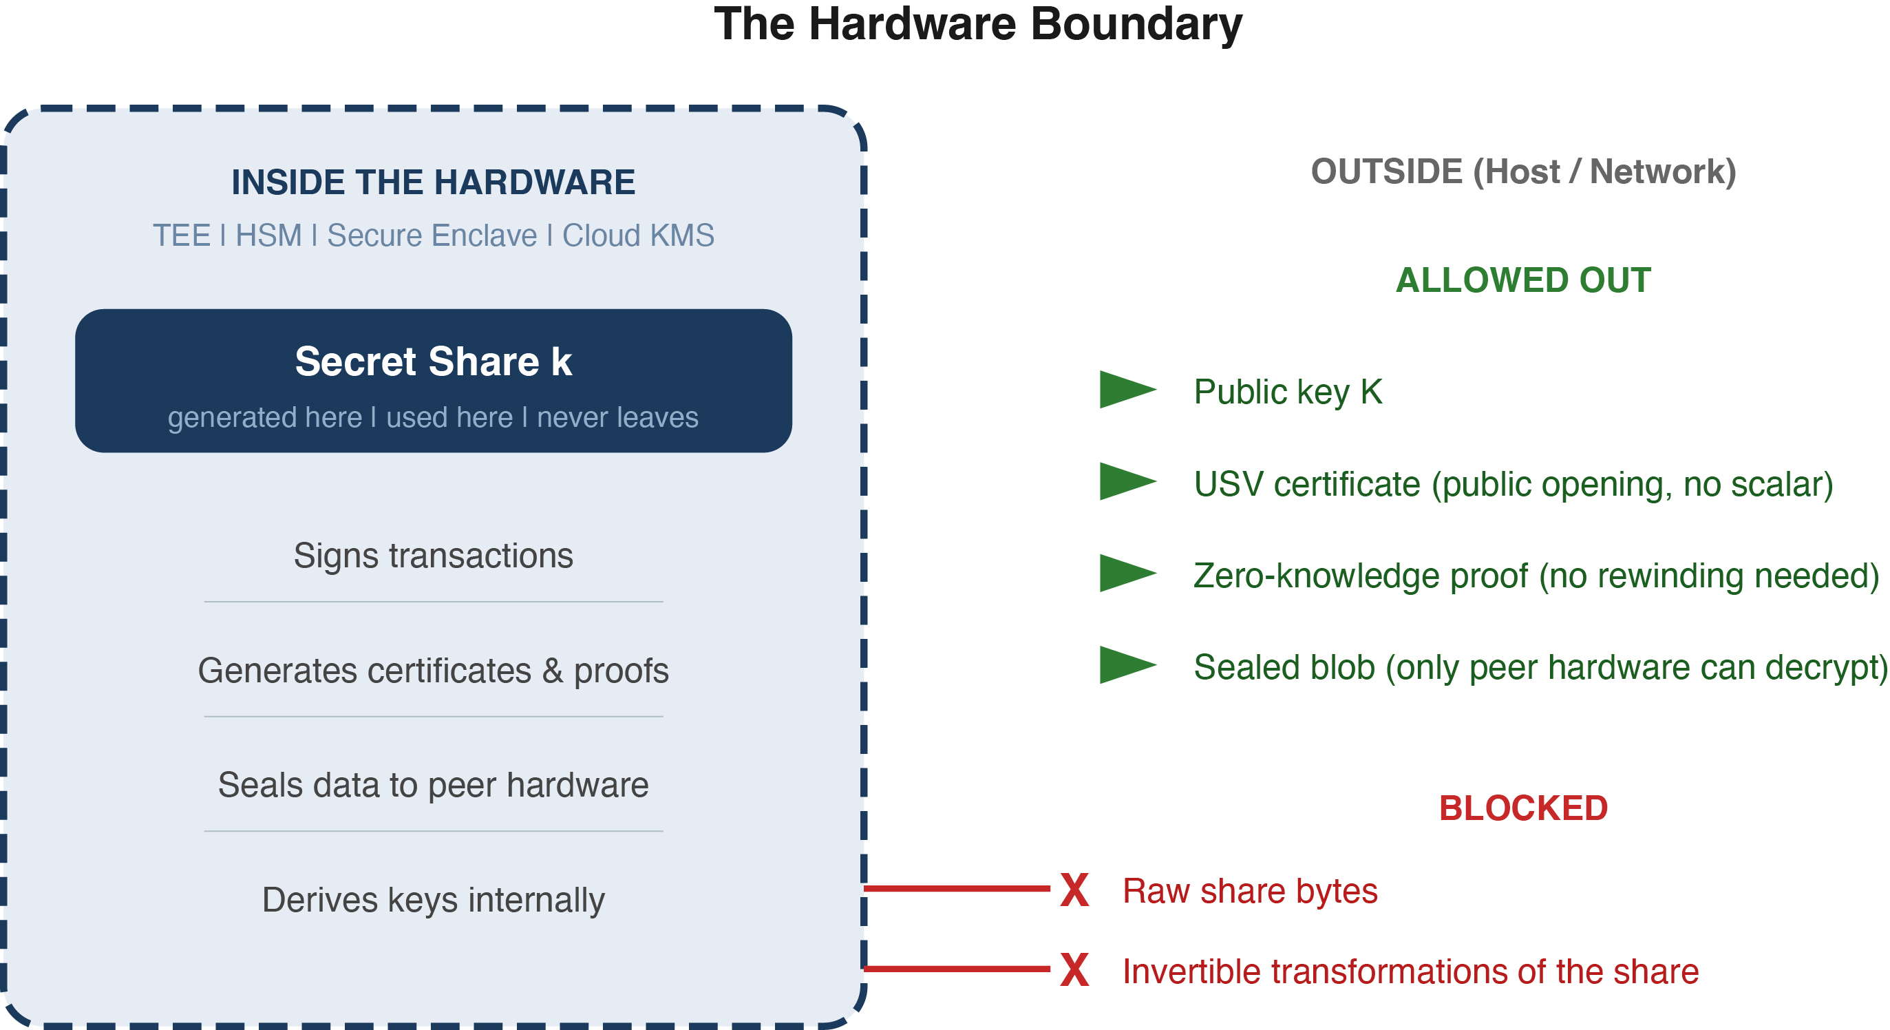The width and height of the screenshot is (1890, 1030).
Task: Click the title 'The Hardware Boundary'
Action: point(977,25)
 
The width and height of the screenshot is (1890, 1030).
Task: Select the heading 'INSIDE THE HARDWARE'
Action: point(433,182)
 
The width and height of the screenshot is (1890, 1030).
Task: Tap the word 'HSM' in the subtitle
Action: point(268,235)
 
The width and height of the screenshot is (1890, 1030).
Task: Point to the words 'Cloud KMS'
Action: point(637,235)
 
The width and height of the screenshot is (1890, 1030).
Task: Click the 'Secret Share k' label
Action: point(433,361)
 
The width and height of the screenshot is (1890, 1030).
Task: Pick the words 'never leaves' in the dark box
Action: point(617,417)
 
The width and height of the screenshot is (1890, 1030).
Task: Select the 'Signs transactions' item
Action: point(433,555)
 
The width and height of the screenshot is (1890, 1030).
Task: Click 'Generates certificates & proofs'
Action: point(433,671)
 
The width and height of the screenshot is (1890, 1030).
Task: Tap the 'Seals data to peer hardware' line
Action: point(433,785)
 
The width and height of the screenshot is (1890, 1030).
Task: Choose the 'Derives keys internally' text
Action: point(433,899)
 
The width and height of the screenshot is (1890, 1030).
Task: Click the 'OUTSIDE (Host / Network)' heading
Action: point(1523,172)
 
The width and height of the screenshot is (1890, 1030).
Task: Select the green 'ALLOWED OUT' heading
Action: point(1523,280)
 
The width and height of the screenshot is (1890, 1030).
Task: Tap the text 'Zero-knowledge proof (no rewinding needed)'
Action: point(1536,576)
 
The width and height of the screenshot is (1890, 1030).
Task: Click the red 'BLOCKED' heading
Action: point(1523,808)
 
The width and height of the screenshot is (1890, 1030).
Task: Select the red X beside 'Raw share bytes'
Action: point(1074,890)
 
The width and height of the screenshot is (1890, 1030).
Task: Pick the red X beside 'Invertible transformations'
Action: point(1074,970)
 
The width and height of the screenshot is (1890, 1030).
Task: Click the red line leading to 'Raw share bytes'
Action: point(957,888)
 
